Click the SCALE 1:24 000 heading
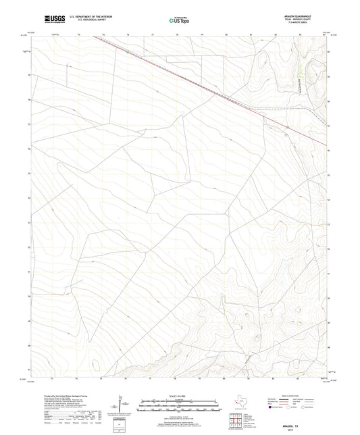click(x=179, y=396)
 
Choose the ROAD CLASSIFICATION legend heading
click(x=286, y=396)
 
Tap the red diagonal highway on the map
click(x=203, y=88)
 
